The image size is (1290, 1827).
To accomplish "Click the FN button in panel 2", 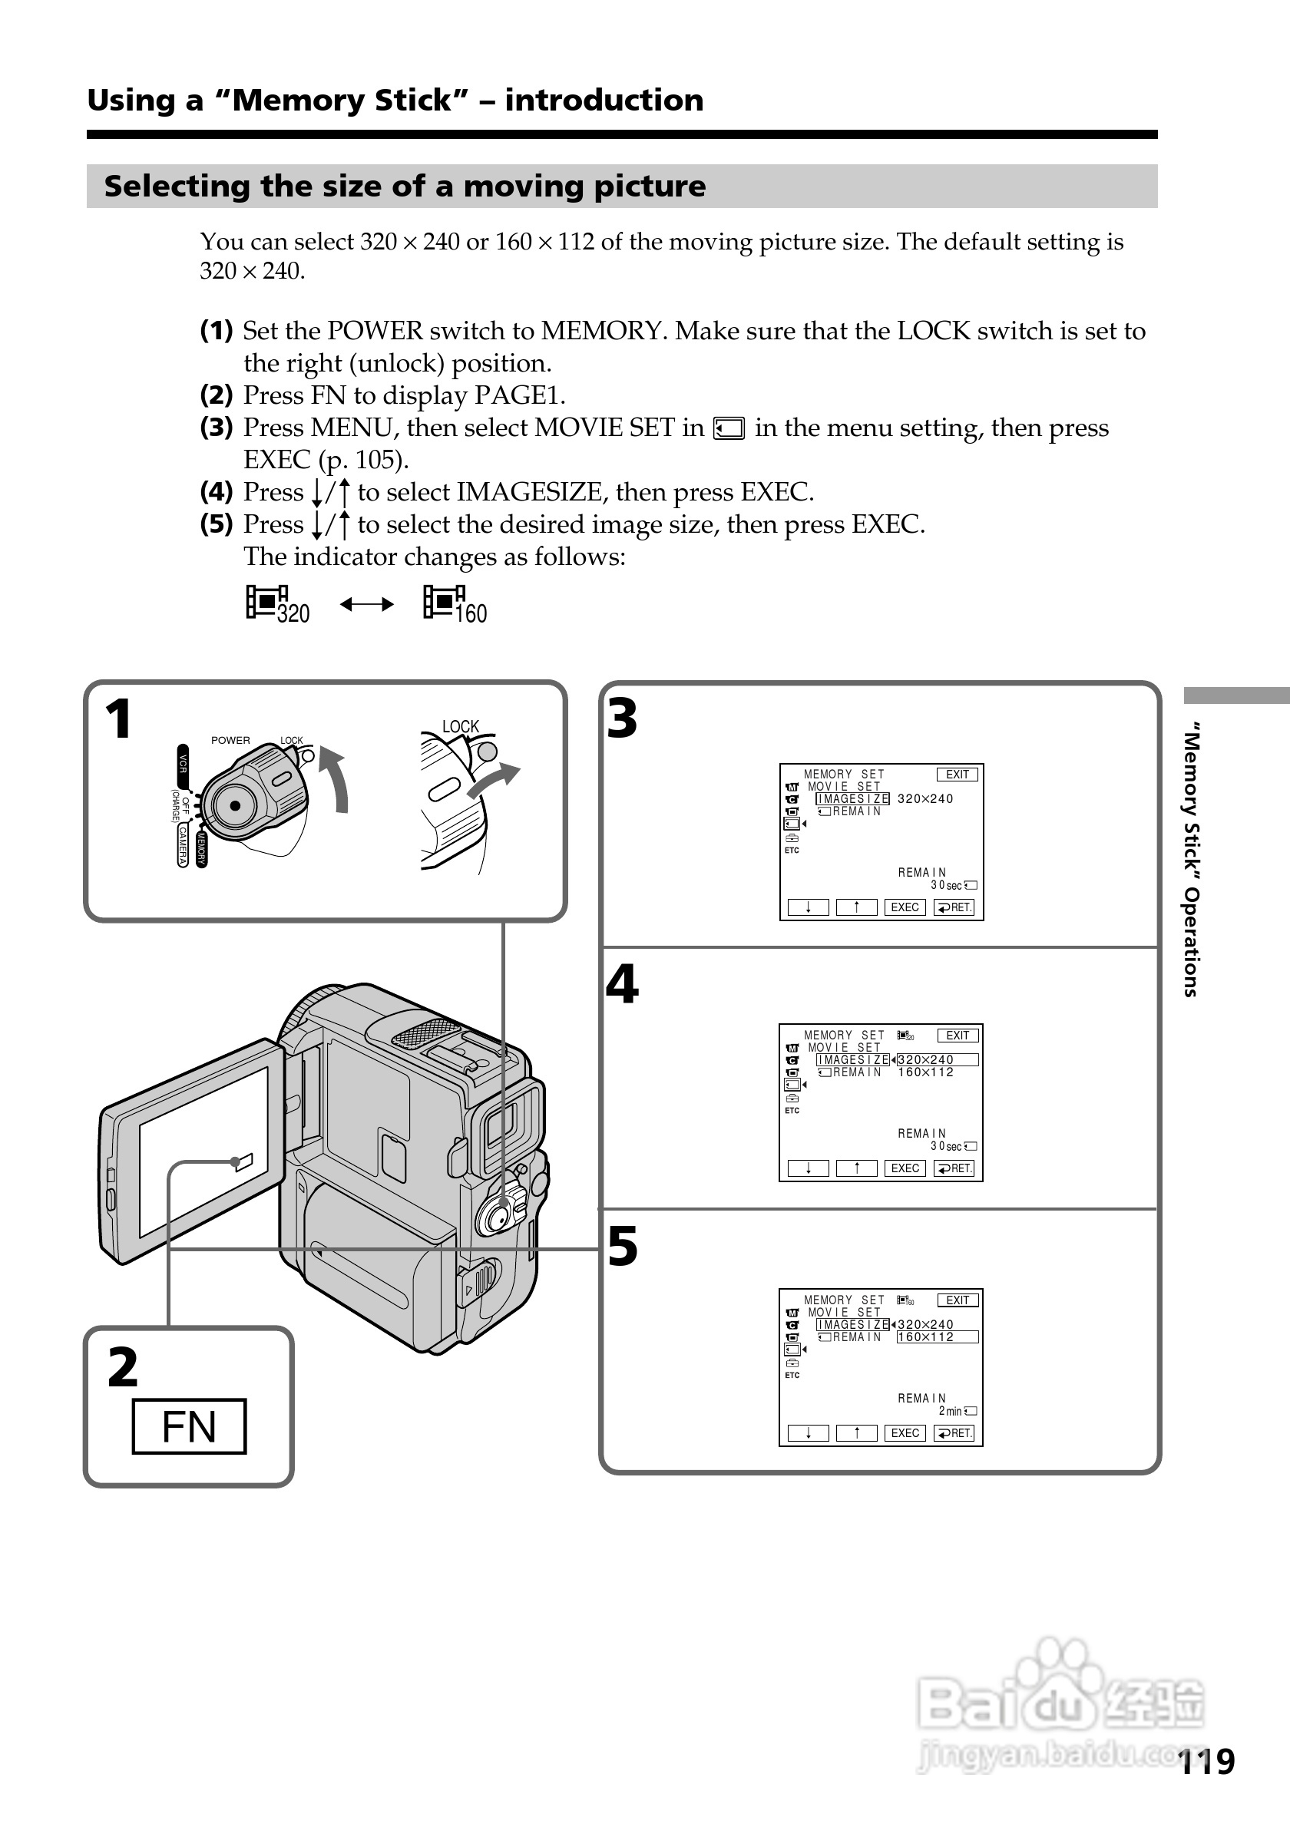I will coord(189,1426).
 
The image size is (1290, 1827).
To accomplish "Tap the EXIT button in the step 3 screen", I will coord(958,775).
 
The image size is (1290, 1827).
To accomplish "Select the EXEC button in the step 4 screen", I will coord(905,1168).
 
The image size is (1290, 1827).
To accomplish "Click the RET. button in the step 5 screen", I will coord(954,1433).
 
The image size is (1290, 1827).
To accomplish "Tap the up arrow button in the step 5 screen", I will coord(856,1433).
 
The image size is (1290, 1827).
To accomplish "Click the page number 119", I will coord(1206,1762).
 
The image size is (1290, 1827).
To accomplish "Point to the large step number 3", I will coord(622,719).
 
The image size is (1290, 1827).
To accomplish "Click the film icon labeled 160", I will coord(455,605).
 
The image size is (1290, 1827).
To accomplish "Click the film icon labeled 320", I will coord(277,605).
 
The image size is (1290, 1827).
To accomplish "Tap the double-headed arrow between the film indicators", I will coord(367,605).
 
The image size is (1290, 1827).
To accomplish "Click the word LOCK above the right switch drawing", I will coord(460,726).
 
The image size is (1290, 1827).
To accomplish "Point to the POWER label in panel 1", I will coord(230,740).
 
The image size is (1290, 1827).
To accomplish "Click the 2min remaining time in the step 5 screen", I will coord(950,1411).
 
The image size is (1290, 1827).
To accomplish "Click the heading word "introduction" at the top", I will coord(604,101).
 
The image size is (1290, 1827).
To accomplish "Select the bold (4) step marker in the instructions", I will coord(217,492).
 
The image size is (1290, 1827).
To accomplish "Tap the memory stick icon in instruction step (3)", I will coord(729,429).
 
